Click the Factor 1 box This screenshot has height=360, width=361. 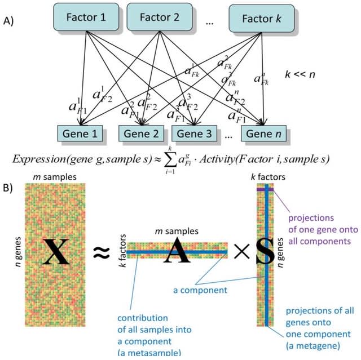[86, 17]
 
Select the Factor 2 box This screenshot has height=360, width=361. [156, 17]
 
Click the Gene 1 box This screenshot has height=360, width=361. [80, 135]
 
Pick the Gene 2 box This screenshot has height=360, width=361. [141, 135]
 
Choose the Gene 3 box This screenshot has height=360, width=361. [195, 135]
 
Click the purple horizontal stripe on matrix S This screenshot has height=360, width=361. [266, 190]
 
